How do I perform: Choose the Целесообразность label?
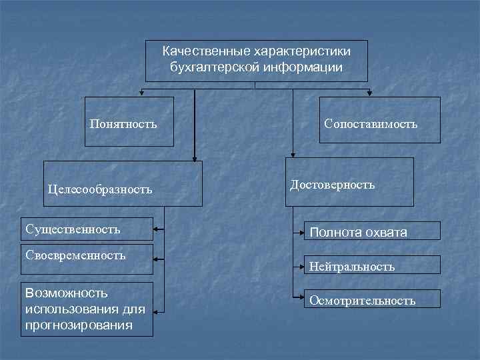(x=100, y=189)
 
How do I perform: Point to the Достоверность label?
(x=333, y=184)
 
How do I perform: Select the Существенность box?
(x=73, y=229)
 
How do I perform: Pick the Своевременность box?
(x=75, y=255)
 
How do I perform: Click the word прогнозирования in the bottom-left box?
(x=78, y=325)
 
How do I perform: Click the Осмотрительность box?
(x=362, y=300)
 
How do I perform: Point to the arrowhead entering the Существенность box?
(x=157, y=230)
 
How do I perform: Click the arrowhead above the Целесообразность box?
(x=194, y=158)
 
